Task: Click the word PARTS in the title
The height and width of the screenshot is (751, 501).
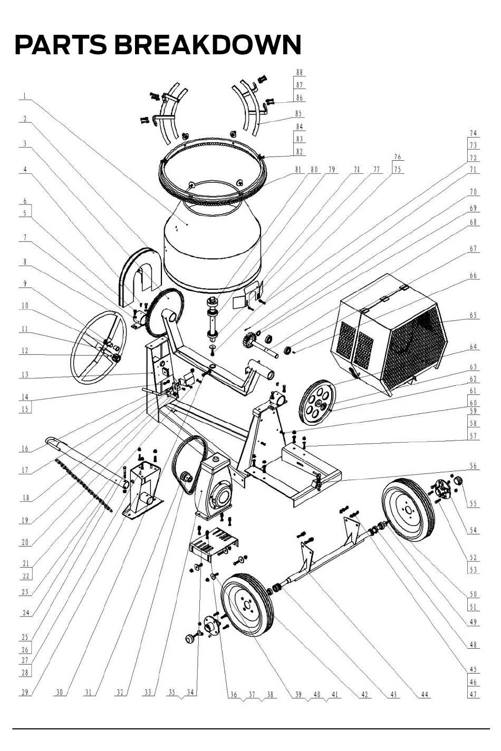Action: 61,45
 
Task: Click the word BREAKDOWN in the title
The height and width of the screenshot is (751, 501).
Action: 208,45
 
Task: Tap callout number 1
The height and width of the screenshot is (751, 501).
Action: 24,96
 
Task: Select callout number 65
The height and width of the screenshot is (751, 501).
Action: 473,315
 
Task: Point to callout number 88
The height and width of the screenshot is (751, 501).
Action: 300,72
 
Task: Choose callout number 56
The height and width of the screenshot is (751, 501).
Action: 473,466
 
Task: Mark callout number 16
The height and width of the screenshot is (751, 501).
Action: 25,448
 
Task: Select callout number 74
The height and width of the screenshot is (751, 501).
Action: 473,133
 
